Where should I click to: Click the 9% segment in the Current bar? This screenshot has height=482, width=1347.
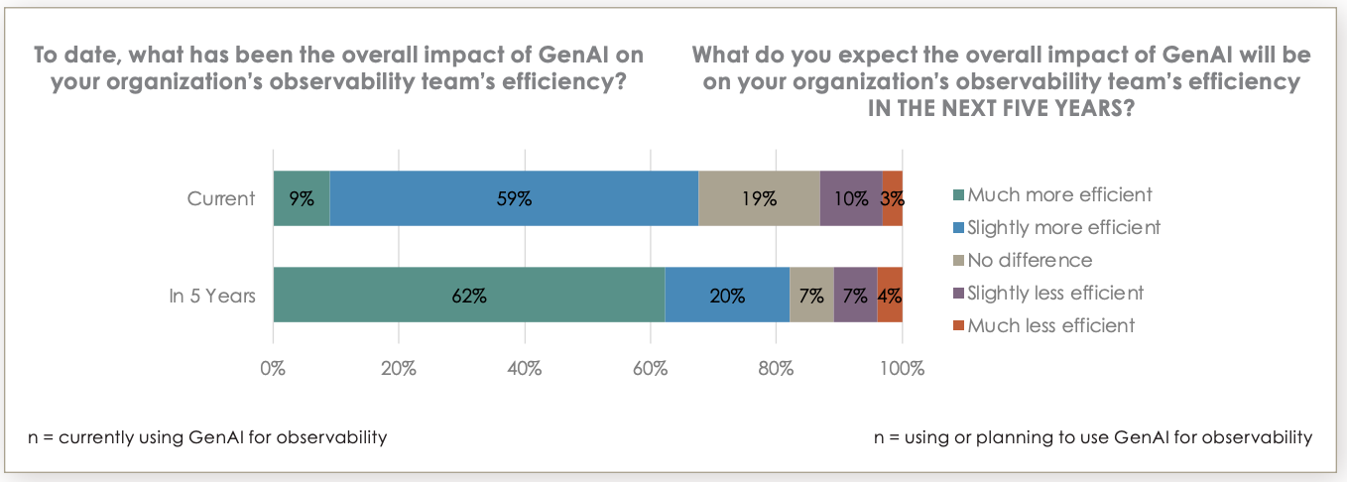tap(302, 198)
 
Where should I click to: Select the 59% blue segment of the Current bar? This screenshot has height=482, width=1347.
tap(514, 198)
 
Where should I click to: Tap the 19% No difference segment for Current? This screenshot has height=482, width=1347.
tap(759, 198)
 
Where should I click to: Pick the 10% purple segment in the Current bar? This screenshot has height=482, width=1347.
tap(850, 198)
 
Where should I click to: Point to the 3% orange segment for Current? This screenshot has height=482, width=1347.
tap(892, 198)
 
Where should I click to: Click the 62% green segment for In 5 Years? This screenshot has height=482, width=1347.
tap(468, 295)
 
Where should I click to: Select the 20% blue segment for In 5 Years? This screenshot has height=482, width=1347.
tap(727, 295)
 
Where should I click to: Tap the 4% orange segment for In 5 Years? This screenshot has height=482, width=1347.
tap(890, 295)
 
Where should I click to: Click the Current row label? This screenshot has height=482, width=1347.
tap(221, 198)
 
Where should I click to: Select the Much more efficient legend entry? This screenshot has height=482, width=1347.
tap(1060, 195)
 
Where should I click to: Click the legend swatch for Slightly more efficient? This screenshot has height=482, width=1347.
tap(957, 228)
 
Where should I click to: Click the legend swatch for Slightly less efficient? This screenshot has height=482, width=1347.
tap(957, 294)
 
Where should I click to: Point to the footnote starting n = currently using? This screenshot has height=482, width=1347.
tap(208, 436)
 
